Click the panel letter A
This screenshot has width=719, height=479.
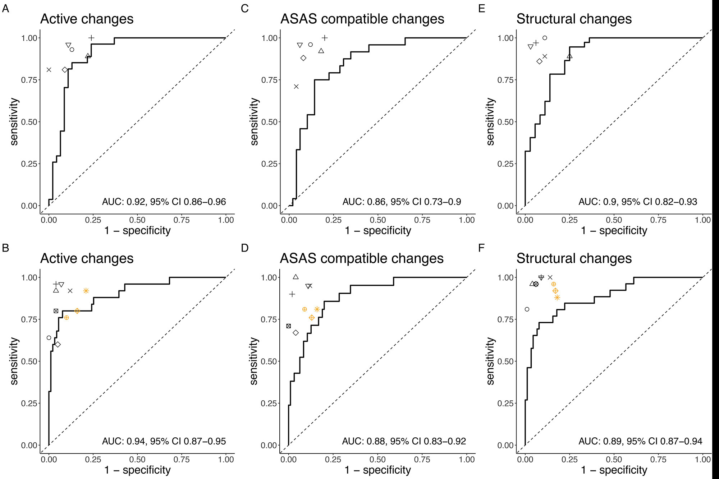click(5, 8)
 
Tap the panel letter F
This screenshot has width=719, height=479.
click(482, 248)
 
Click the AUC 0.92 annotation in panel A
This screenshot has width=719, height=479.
click(164, 202)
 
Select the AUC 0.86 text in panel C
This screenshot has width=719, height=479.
click(402, 202)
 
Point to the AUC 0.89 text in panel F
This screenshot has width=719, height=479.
click(640, 441)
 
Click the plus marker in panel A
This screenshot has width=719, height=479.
click(92, 38)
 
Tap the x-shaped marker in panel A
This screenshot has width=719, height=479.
click(49, 70)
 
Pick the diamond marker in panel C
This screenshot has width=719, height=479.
click(303, 58)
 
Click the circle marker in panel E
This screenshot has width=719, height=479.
click(545, 38)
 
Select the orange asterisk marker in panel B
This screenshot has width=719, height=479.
click(86, 291)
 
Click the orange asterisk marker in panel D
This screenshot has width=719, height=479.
click(317, 309)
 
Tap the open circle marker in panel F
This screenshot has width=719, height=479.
click(527, 309)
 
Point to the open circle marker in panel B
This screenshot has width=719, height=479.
click(49, 338)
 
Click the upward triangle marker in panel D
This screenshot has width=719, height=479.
click(296, 277)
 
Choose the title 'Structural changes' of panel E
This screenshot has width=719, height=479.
click(574, 19)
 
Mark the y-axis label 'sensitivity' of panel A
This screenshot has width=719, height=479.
click(14, 122)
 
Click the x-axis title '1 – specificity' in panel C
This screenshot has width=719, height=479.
click(378, 231)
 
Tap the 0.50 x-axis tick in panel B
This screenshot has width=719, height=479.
click(137, 460)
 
